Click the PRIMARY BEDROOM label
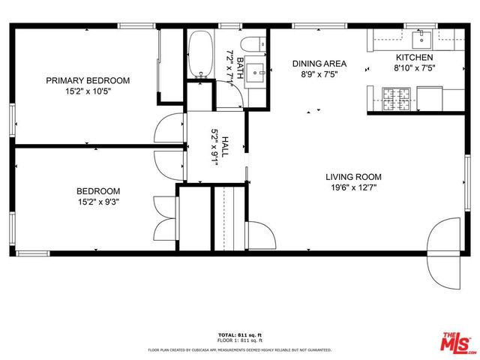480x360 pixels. click(x=88, y=81)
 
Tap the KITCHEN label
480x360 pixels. click(x=414, y=58)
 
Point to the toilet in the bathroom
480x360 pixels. click(x=253, y=43)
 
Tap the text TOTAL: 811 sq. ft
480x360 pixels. click(x=240, y=334)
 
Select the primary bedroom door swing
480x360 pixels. click(x=168, y=128)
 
